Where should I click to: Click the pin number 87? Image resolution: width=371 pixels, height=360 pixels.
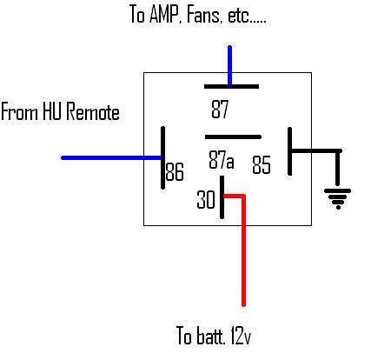[221, 110]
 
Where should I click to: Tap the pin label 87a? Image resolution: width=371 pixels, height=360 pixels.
[222, 161]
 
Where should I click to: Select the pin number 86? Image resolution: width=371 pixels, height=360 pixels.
[175, 172]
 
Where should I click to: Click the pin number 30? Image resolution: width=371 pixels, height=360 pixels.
[205, 199]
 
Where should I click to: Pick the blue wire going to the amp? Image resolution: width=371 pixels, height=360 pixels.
[230, 65]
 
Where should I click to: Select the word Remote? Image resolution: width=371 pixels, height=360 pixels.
[93, 112]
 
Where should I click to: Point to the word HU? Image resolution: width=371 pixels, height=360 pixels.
[51, 112]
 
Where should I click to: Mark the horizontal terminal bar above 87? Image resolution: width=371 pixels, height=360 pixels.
[230, 87]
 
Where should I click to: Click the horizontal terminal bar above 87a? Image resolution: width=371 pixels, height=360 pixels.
[232, 137]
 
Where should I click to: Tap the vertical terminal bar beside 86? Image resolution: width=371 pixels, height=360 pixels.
[162, 157]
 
